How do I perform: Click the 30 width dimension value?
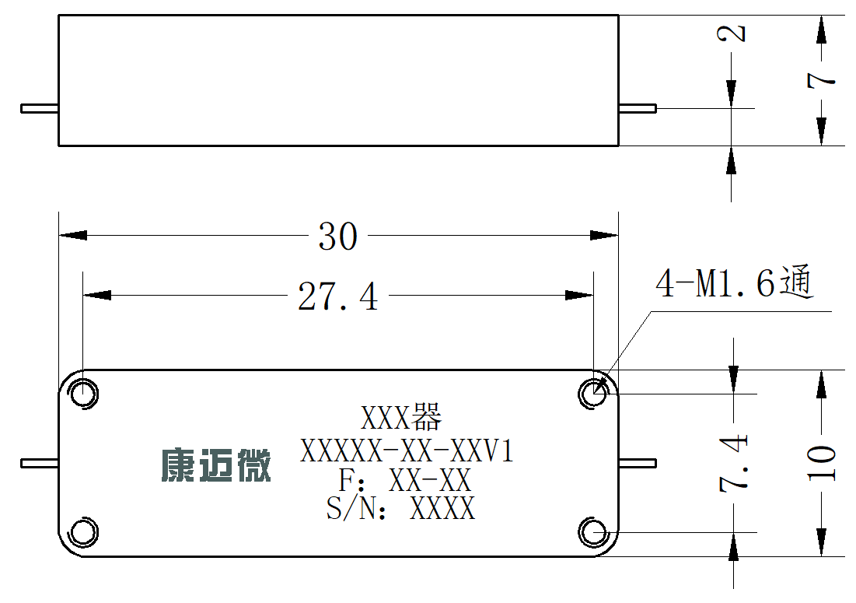click(338, 237)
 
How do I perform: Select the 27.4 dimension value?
click(338, 296)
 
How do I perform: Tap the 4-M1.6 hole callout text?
click(735, 282)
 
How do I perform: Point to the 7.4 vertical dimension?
click(733, 463)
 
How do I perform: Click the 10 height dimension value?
click(821, 463)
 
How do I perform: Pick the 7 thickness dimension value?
click(821, 80)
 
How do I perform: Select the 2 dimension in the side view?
click(731, 33)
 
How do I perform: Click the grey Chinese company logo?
click(216, 465)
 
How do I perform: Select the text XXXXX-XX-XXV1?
click(407, 451)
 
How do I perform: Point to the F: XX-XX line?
click(404, 480)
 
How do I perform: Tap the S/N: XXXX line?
click(400, 508)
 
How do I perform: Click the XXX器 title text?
click(401, 418)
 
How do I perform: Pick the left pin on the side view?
click(40, 108)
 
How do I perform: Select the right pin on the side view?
click(637, 108)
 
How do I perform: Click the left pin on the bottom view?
click(40, 463)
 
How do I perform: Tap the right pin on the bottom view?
click(637, 463)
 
